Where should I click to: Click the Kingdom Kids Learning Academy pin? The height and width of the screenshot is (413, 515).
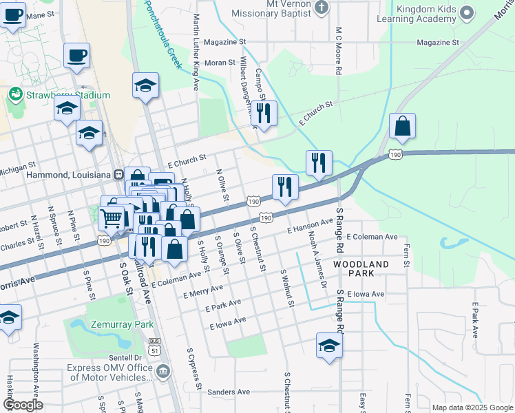(467, 13)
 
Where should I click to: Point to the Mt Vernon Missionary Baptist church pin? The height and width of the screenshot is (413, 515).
(321, 8)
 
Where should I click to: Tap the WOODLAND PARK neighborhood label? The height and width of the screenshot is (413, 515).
(361, 269)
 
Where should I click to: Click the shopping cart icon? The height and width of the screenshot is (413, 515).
(110, 218)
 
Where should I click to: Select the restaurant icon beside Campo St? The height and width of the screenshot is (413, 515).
(264, 112)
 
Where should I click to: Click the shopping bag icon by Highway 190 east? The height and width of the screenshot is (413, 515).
(403, 126)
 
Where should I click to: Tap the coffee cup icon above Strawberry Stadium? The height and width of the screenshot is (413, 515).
(77, 54)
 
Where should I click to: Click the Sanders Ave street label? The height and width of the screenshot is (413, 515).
(229, 392)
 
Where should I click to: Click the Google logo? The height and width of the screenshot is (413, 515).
(23, 405)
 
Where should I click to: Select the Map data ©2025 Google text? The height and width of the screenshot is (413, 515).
(471, 407)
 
